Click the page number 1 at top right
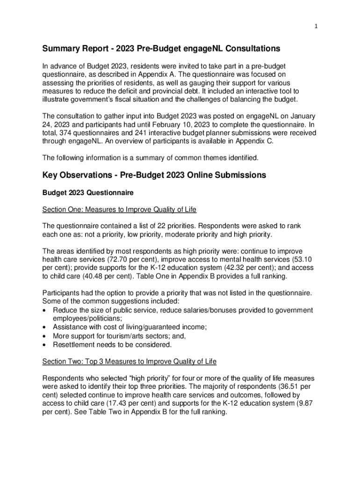click(x=316, y=27)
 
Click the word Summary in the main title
click(x=61, y=48)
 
